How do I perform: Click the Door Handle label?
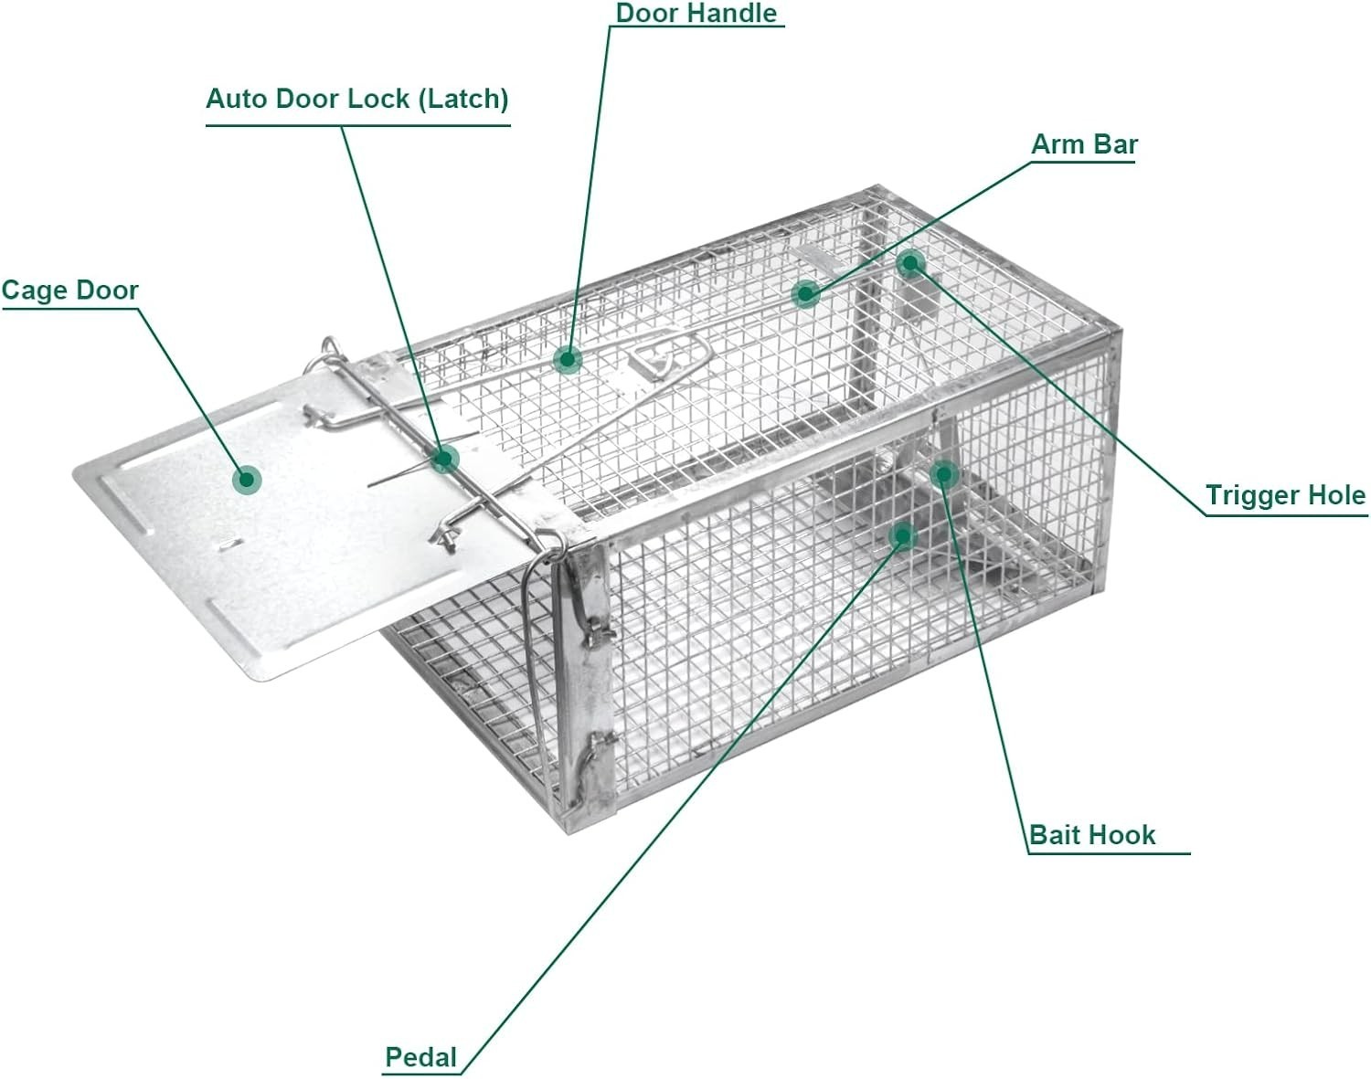pos(696,13)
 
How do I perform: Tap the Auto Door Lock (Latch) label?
pos(356,99)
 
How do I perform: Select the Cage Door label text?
pos(69,291)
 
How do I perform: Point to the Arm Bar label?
pos(1084,144)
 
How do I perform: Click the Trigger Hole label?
pos(1285,495)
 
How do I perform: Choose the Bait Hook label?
pos(1092,835)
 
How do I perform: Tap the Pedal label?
pos(420,1057)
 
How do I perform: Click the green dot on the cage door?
pos(246,480)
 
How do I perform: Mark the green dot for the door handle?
pos(568,360)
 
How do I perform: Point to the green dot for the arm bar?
pos(806,293)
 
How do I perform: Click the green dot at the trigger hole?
pos(909,264)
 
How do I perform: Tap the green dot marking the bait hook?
pos(944,473)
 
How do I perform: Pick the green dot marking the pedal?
pos(903,535)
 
